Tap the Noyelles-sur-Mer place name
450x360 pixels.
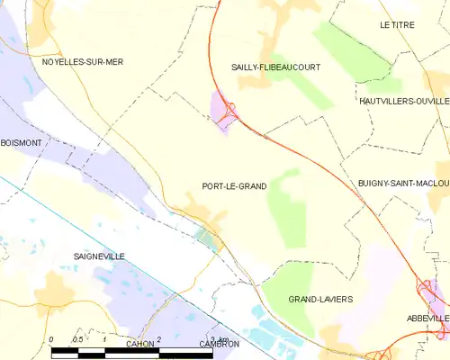pos(82,62)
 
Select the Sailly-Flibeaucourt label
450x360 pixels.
pos(275,67)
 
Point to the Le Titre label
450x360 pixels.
pos(397,25)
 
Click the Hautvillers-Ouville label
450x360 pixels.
pos(403,102)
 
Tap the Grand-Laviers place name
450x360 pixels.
pos(320,299)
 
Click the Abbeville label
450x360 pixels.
pos(427,319)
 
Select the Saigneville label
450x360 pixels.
pos(99,256)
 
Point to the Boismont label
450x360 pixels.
pos(22,143)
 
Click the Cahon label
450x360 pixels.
pos(140,344)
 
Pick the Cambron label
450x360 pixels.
pos(220,344)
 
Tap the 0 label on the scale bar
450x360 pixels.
pos(52,339)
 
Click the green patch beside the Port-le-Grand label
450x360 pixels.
pos(288,207)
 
